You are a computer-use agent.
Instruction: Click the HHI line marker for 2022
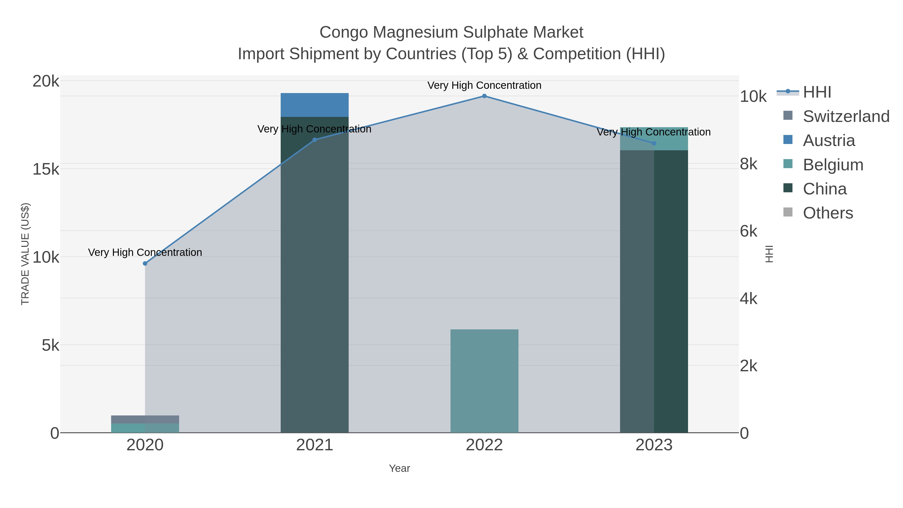(484, 96)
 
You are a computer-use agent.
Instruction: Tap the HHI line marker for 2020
(145, 263)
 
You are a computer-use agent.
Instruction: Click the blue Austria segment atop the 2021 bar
(315, 105)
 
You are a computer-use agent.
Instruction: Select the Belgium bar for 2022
(484, 381)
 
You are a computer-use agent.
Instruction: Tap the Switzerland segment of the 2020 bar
(145, 419)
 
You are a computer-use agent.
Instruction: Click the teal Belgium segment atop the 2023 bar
(654, 138)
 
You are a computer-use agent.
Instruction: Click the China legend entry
(824, 189)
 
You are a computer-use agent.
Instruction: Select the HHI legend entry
(816, 92)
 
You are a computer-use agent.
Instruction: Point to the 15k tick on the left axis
(46, 169)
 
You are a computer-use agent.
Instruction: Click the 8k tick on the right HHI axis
(749, 164)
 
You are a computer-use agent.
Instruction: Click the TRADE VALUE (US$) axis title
(25, 254)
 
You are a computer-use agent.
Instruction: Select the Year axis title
(399, 468)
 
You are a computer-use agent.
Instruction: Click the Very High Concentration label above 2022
(484, 86)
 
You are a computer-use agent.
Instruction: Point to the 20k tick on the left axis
(46, 81)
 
